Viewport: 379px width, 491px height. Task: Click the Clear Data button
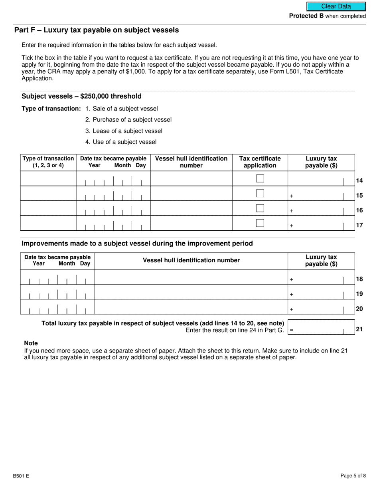[336, 6]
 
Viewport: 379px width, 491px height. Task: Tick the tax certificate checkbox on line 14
[260, 178]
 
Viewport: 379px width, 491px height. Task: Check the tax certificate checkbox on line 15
[260, 193]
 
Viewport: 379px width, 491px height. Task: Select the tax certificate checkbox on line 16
[260, 208]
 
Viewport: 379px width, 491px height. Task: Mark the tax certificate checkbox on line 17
[260, 223]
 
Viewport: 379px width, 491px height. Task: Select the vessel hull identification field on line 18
[191, 277]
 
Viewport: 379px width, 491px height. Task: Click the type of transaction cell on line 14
[48, 179]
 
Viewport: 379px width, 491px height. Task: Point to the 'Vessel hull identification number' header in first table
[191, 162]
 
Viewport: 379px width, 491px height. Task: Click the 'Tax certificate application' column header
[260, 162]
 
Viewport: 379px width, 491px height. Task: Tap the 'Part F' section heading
[97, 30]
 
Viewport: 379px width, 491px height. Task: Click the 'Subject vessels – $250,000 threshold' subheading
[81, 96]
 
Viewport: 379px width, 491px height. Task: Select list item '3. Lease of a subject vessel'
[124, 131]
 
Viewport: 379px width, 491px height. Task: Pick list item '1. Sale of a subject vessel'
[122, 109]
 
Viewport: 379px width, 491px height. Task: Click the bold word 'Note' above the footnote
[31, 343]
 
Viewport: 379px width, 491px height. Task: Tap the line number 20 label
[359, 309]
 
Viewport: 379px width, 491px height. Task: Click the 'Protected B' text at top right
[306, 16]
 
